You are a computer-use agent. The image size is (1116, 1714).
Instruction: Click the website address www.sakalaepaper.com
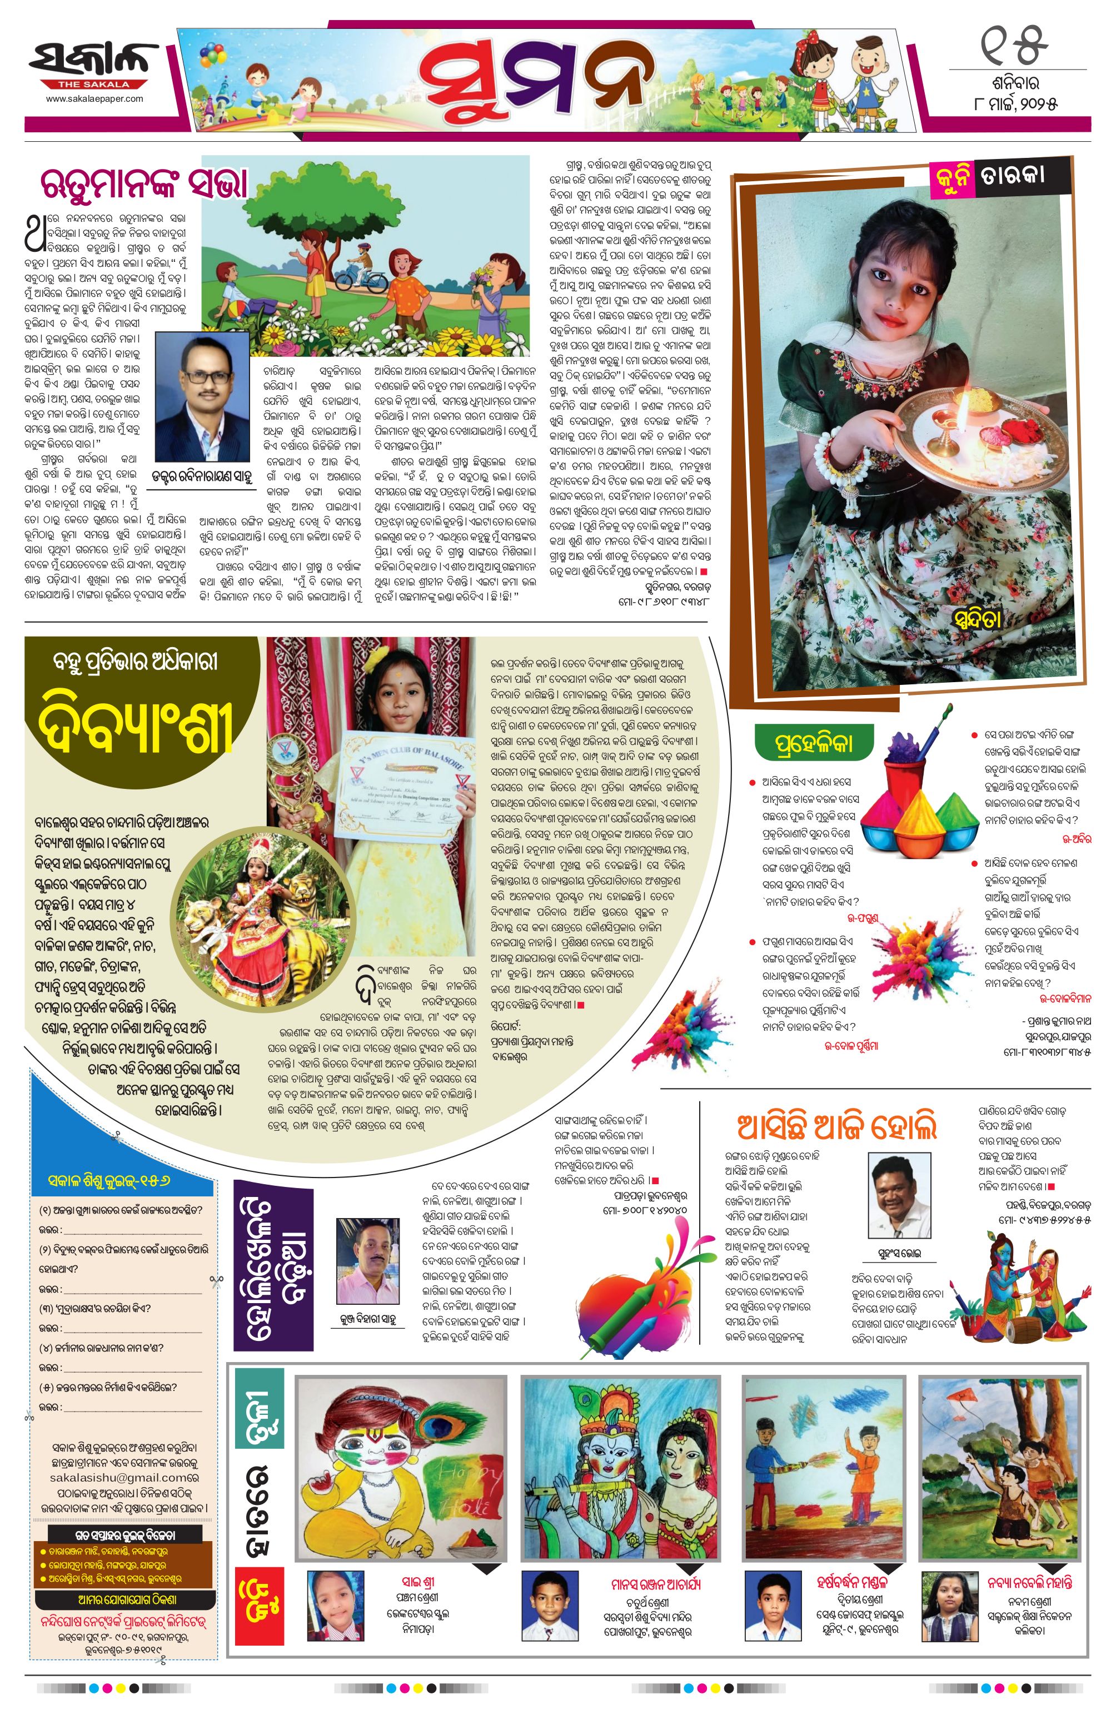[94, 98]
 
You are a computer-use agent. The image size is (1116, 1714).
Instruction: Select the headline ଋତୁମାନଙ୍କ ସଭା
[144, 185]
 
